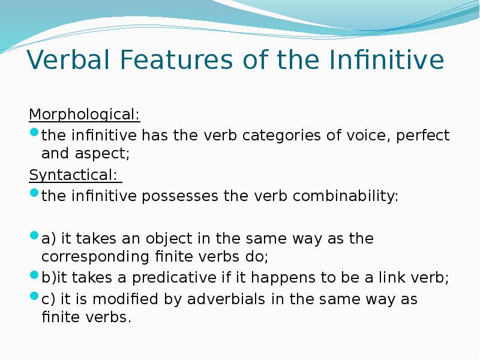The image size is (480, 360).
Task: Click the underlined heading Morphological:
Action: [85, 114]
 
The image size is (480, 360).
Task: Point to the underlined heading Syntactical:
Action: [74, 175]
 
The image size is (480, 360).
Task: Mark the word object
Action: [170, 239]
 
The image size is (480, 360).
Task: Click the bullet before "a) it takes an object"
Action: [34, 238]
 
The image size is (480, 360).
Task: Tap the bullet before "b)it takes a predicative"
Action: [34, 277]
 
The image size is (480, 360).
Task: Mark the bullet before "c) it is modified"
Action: [34, 298]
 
